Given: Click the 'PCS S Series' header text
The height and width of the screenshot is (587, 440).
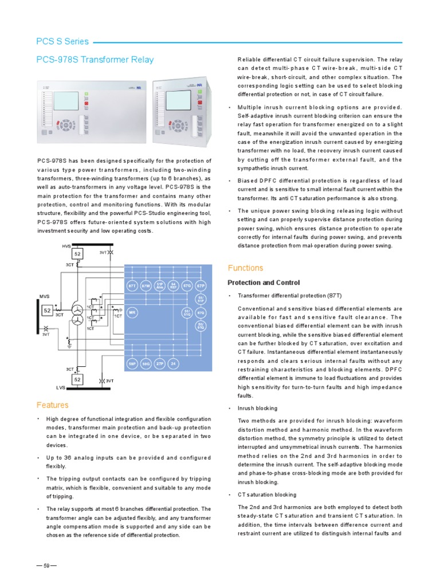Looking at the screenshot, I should (62, 41).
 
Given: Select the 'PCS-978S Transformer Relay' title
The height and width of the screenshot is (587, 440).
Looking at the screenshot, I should (95, 60).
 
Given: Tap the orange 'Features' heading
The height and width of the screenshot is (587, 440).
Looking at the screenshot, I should (52, 405).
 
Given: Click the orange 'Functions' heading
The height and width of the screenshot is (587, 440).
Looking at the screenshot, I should (245, 268).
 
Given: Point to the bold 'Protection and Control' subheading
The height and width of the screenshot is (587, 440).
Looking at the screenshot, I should (264, 283).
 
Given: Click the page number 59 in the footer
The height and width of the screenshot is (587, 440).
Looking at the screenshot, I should (46, 566).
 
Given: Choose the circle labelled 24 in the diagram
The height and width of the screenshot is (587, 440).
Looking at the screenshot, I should (173, 363).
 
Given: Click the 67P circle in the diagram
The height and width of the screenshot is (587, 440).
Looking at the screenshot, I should (201, 285).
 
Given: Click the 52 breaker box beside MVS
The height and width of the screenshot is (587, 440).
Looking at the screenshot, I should (47, 310).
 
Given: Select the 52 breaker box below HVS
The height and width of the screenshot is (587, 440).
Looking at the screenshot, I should (78, 254).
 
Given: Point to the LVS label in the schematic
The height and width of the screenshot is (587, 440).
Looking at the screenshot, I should (62, 388).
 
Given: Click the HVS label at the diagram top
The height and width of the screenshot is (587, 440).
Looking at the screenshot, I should (66, 246).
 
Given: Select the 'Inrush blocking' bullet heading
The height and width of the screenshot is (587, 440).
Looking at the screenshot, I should (258, 408).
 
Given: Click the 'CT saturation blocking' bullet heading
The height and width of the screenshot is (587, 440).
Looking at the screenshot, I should (267, 494).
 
